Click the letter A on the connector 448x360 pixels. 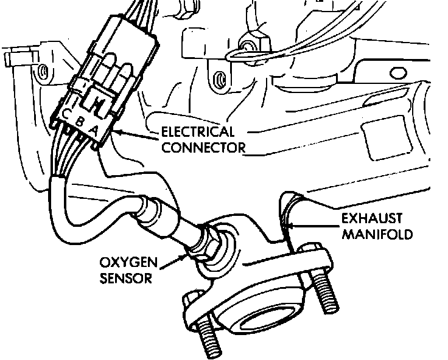(x=93, y=130)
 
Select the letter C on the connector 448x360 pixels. (x=65, y=115)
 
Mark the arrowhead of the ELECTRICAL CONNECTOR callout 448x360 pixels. (x=115, y=133)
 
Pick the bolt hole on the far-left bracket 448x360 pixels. (x=42, y=74)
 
